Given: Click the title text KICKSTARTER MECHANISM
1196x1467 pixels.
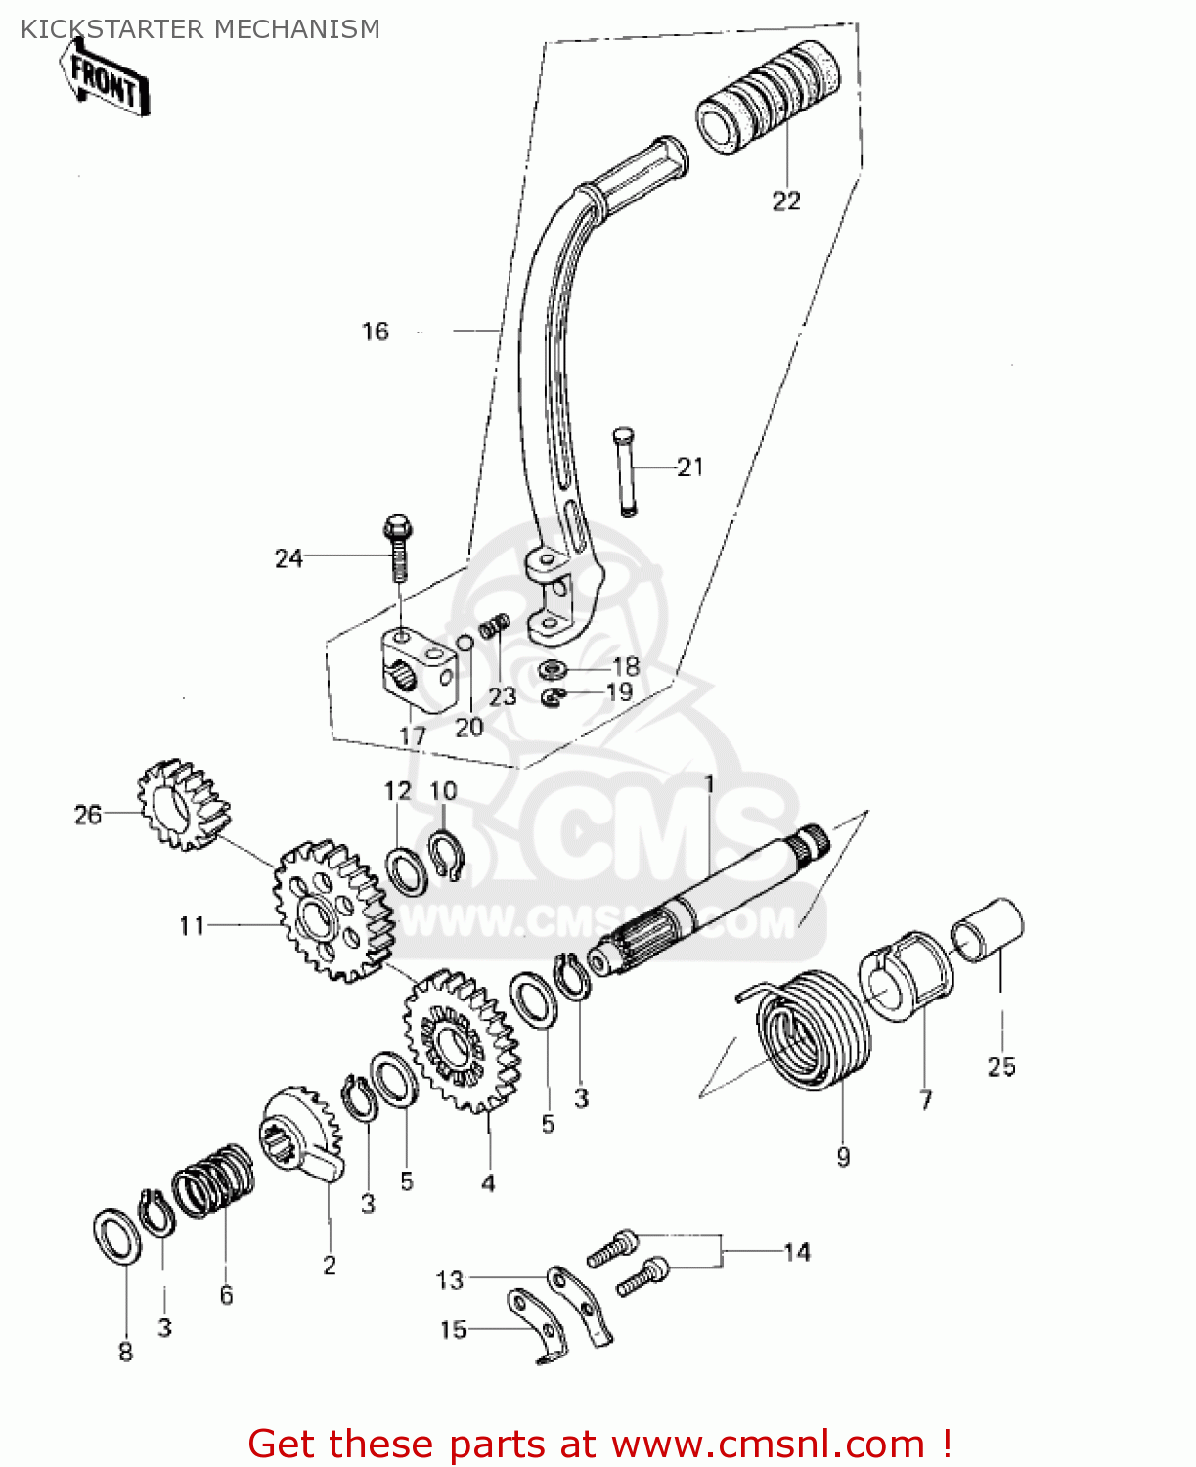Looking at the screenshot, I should pyautogui.click(x=200, y=29).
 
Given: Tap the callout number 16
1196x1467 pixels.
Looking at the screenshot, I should pyautogui.click(x=376, y=332).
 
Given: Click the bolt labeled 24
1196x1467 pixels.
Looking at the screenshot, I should pyautogui.click(x=399, y=547).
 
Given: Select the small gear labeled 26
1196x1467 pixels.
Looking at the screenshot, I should pyautogui.click(x=182, y=805).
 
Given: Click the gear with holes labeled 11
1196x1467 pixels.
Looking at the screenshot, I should pyautogui.click(x=332, y=911).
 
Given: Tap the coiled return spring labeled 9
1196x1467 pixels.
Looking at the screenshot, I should pyautogui.click(x=814, y=1030).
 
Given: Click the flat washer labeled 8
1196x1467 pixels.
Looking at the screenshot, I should pyautogui.click(x=116, y=1235).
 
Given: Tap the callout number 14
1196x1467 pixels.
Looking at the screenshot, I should pyautogui.click(x=796, y=1252).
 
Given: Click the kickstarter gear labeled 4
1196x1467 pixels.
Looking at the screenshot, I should pyautogui.click(x=461, y=1041).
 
